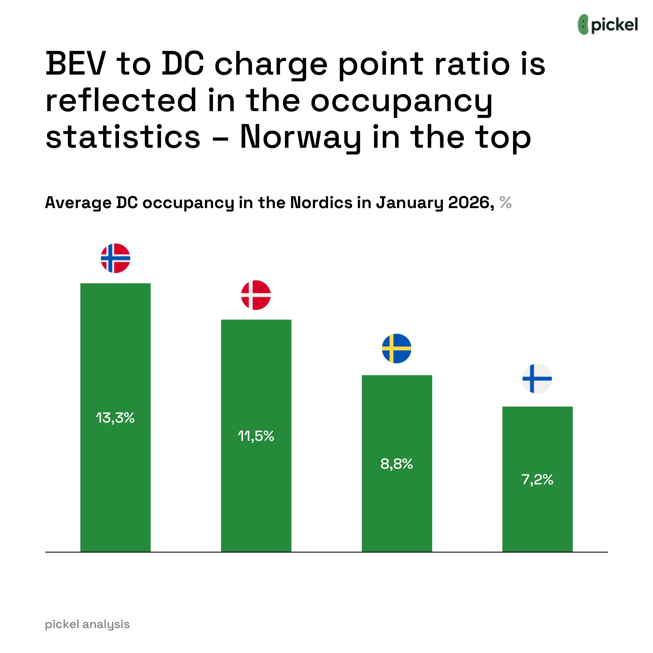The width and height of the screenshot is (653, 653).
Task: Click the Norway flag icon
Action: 116,258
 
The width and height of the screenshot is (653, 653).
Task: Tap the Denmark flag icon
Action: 256,295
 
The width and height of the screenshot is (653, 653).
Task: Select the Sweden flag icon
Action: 396,349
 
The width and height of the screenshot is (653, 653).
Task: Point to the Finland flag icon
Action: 537,378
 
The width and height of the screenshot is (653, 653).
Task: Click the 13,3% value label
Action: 115,418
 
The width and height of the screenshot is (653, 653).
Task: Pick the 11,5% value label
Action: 256,436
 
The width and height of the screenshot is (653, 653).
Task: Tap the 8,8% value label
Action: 396,464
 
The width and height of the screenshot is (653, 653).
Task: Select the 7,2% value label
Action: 537,480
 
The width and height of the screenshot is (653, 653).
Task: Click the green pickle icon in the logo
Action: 583,24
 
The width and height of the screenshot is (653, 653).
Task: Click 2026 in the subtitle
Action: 468,203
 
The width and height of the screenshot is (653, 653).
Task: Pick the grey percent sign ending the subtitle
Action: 506,203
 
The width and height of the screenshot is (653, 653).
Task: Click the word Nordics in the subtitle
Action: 322,203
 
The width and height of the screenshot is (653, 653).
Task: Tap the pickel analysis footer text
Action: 87,624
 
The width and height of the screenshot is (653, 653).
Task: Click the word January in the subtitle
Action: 410,203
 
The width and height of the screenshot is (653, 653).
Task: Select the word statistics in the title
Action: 123,137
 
